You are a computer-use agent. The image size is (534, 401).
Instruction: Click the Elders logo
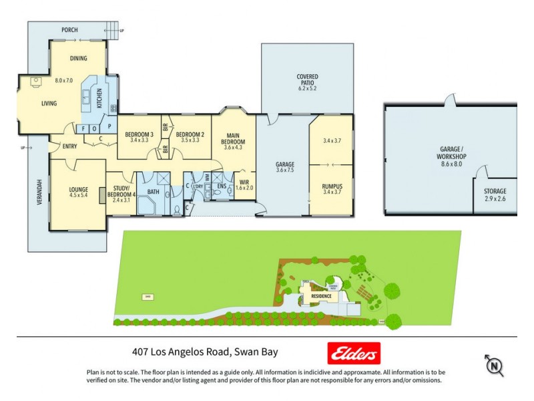(x=353, y=352)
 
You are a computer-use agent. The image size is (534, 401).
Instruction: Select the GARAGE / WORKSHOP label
(x=452, y=152)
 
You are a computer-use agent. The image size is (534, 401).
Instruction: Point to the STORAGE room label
(x=495, y=191)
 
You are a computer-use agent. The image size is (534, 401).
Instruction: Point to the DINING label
(x=78, y=59)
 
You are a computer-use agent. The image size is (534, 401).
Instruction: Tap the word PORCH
(x=69, y=30)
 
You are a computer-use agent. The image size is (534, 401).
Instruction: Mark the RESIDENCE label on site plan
(x=320, y=295)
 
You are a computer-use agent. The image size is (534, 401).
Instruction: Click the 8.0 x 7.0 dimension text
(x=63, y=81)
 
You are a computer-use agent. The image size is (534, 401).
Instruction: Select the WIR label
(x=244, y=181)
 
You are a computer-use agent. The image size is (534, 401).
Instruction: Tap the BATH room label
(x=153, y=192)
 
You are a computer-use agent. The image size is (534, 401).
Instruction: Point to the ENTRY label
(x=69, y=146)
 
